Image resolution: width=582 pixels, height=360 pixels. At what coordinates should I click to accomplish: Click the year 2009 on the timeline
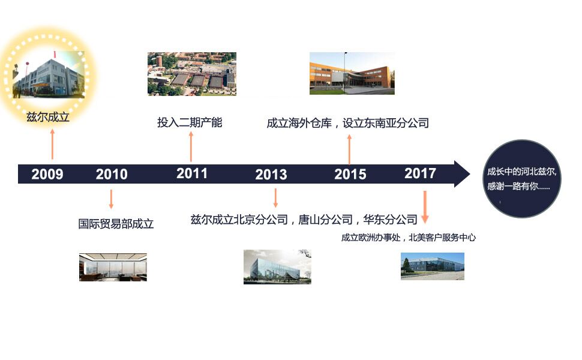[47, 174]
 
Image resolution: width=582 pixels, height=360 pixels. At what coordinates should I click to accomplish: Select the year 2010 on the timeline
[112, 174]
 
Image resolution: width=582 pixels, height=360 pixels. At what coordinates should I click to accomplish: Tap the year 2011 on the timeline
[192, 173]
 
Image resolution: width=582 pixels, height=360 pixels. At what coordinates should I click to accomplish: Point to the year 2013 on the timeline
[271, 175]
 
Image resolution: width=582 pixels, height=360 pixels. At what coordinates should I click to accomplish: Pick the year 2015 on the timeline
[350, 174]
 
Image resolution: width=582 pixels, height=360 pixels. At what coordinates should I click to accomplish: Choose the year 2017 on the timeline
[420, 173]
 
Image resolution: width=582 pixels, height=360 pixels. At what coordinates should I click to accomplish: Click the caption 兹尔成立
[48, 117]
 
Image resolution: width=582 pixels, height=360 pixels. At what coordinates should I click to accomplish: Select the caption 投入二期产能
[190, 122]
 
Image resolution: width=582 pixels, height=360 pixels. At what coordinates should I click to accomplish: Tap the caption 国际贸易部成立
[116, 223]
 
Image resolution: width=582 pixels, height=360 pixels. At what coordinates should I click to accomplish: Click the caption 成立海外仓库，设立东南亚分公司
[348, 123]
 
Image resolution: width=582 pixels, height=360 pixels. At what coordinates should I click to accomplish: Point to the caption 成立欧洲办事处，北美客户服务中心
[408, 238]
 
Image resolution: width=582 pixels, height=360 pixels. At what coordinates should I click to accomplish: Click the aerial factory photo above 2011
[192, 74]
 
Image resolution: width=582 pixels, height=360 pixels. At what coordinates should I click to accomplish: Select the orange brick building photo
[352, 73]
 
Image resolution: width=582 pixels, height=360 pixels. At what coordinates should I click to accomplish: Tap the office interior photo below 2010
[113, 267]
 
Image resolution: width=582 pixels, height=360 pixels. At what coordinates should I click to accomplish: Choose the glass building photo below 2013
[277, 267]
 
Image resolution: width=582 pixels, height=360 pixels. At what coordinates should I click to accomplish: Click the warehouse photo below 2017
[433, 266]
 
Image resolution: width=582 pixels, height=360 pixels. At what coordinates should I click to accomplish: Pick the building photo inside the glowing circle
[49, 74]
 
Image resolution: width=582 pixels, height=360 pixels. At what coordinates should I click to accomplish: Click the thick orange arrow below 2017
[425, 207]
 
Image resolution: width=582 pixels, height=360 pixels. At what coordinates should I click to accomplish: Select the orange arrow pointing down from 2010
[111, 199]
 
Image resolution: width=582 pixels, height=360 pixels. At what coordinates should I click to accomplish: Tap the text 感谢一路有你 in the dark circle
[512, 186]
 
